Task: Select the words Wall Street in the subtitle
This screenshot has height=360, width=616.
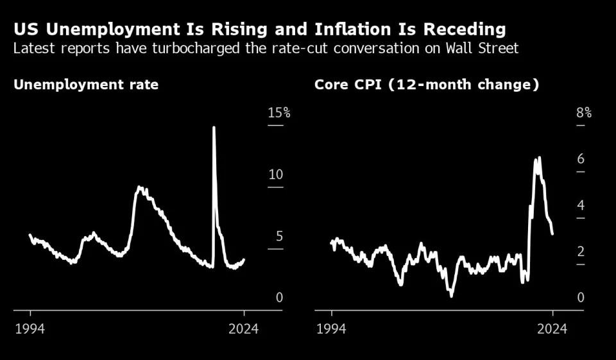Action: (482, 48)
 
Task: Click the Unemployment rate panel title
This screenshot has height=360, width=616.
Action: (86, 85)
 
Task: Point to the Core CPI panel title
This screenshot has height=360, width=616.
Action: (427, 85)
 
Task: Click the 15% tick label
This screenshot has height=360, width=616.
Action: (279, 113)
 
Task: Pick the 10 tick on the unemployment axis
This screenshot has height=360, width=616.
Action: (276, 175)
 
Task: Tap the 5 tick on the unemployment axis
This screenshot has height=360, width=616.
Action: (279, 236)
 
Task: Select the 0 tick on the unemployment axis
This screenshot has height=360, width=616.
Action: (279, 298)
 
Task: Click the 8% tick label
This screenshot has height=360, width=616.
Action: (584, 113)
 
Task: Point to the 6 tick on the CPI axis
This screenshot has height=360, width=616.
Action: (581, 159)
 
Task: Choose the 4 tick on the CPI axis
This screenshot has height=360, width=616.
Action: (581, 205)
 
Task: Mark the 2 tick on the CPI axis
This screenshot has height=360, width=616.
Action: (581, 252)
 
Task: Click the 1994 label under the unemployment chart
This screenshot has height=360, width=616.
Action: (30, 329)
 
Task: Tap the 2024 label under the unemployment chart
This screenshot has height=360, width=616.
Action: (244, 329)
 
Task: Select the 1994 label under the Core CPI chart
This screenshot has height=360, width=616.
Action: (332, 329)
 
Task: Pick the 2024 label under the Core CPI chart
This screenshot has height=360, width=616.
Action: (552, 329)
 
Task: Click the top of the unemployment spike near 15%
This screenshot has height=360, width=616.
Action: (214, 127)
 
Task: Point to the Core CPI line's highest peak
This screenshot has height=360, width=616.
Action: (540, 157)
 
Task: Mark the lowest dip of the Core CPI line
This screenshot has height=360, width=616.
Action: (451, 296)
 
